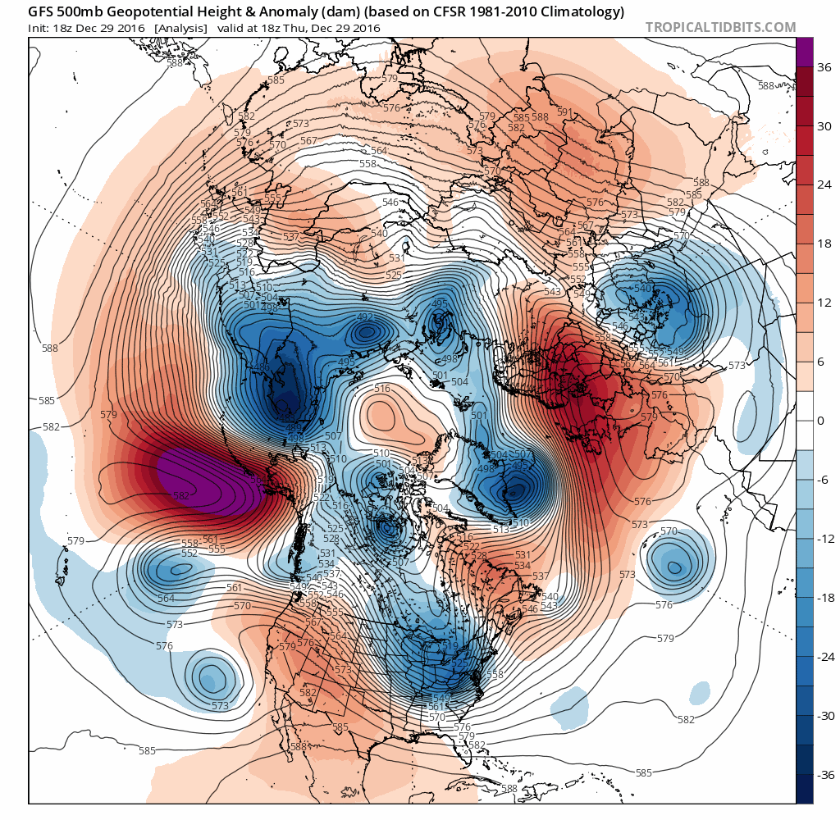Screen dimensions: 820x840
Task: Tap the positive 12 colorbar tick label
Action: tap(825, 303)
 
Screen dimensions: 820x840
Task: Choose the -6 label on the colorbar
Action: tap(824, 480)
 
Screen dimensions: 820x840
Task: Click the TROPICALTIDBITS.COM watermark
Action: tap(720, 27)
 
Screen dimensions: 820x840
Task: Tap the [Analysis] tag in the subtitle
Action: tap(180, 28)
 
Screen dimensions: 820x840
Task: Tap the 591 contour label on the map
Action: tap(564, 112)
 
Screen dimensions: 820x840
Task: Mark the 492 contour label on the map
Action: tap(366, 317)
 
